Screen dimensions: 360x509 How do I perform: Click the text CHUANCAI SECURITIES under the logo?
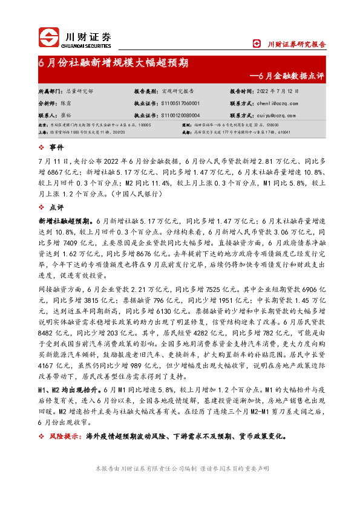88,44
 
